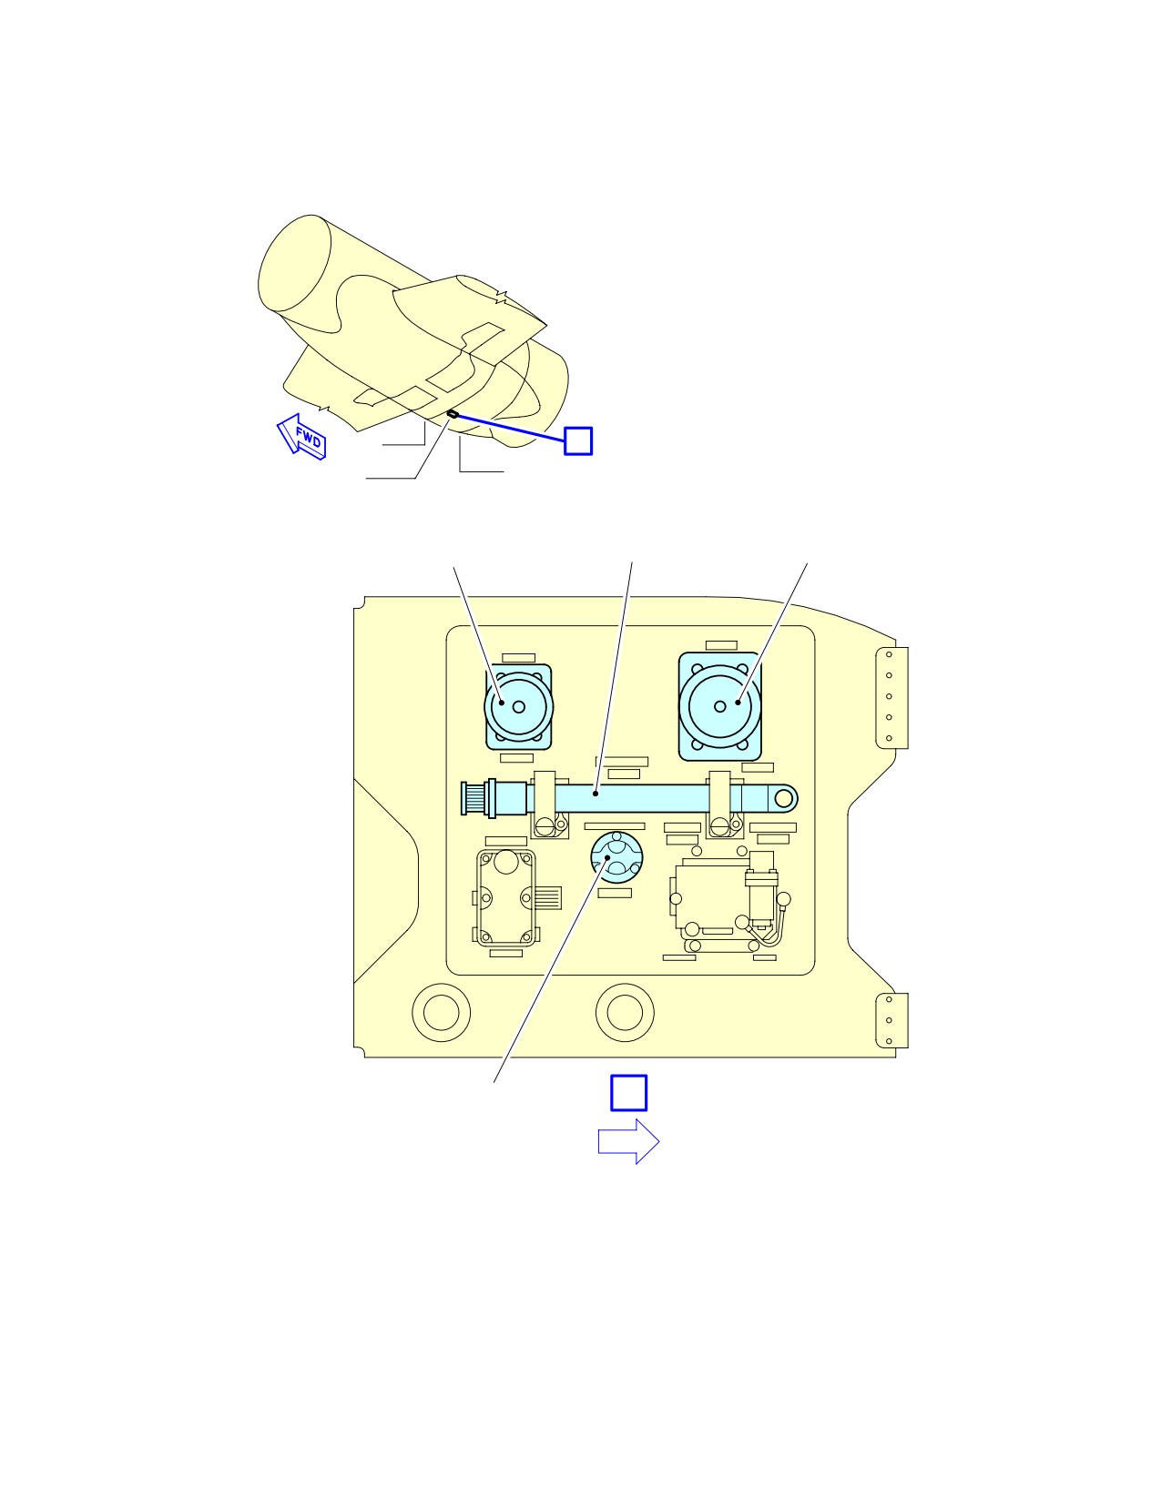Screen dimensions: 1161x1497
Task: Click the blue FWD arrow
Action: [x=301, y=437]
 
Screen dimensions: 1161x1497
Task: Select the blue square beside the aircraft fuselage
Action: [x=578, y=440]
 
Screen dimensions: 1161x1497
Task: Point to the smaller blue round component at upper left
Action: [x=519, y=707]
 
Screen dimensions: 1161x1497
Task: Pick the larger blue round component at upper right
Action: [x=720, y=707]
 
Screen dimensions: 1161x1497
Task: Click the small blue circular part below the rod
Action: [x=616, y=857]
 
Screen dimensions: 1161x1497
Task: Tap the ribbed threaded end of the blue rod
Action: [x=474, y=798]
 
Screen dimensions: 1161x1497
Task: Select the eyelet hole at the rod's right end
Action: [x=783, y=798]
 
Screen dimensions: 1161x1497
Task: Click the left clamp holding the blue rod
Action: [x=548, y=804]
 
